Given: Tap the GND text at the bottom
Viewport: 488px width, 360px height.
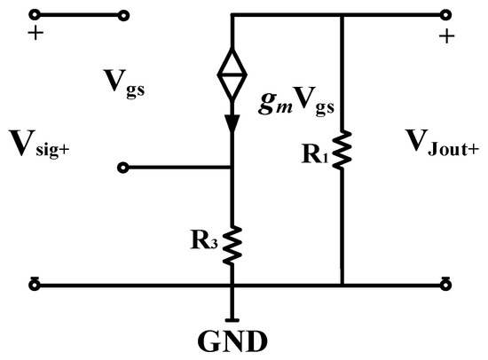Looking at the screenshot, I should pos(233,340).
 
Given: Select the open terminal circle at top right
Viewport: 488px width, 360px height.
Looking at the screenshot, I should pos(446,15).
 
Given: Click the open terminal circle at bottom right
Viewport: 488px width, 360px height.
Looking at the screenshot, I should pos(446,286).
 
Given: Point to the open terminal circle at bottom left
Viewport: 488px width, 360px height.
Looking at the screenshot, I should pos(35,286).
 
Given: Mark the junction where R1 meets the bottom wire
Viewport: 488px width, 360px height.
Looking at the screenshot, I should pos(342,286).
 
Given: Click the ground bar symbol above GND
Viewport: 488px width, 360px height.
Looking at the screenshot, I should pos(232,317).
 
